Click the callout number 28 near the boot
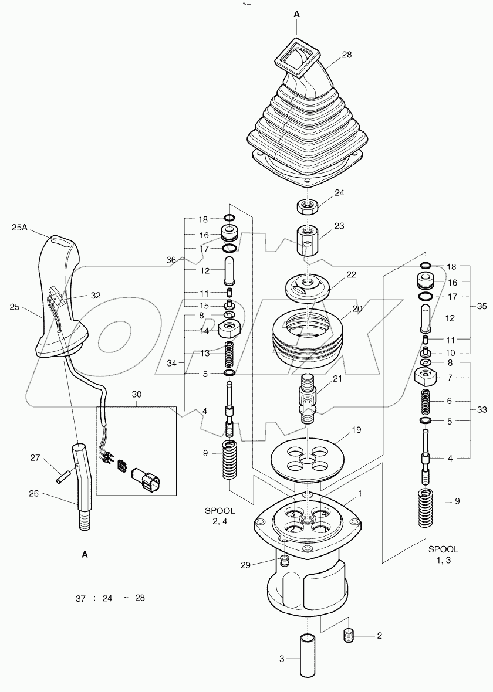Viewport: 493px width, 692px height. [347, 55]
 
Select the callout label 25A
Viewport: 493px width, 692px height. [20, 226]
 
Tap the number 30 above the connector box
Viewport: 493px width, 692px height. [136, 395]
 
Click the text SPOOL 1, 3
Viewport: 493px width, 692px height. [443, 555]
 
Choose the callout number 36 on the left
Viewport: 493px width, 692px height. [171, 259]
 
